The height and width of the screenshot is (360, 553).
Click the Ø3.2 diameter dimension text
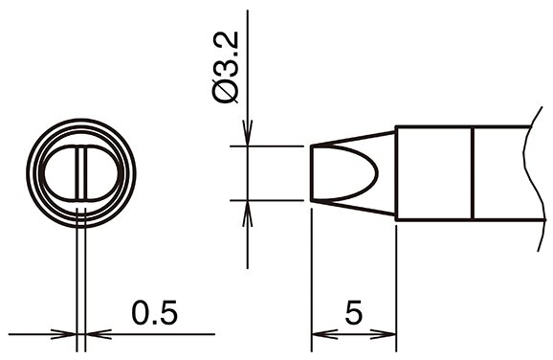(226, 67)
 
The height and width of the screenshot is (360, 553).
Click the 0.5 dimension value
(154, 313)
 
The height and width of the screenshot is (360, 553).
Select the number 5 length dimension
(354, 313)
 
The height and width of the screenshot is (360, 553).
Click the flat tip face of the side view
(312, 173)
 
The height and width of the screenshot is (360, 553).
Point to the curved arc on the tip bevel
(377, 173)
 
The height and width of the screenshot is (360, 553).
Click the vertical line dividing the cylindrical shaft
(473, 173)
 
